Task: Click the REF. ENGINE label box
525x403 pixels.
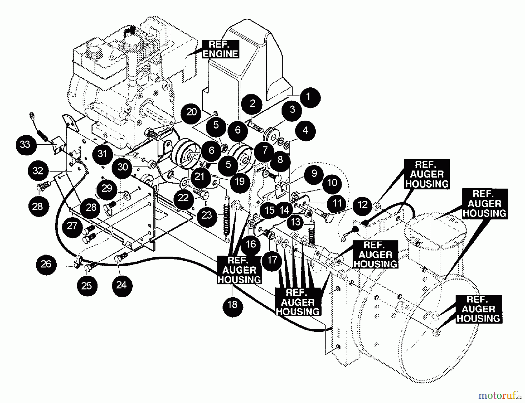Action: click(x=220, y=49)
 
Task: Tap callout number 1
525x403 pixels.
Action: click(x=308, y=97)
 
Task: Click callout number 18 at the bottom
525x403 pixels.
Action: click(x=232, y=305)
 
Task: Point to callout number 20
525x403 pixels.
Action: click(x=191, y=112)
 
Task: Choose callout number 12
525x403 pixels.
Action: click(x=363, y=205)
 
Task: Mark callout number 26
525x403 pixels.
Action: click(x=46, y=264)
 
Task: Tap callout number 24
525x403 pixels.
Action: click(x=121, y=285)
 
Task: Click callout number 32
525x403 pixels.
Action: click(x=38, y=171)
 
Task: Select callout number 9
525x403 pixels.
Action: click(x=314, y=173)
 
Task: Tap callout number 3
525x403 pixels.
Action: click(x=292, y=110)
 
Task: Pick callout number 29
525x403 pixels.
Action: click(x=107, y=188)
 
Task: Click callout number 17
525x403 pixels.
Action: click(x=272, y=260)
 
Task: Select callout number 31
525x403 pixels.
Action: click(x=102, y=154)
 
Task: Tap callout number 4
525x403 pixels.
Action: click(x=305, y=130)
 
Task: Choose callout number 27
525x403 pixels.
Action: click(x=72, y=226)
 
